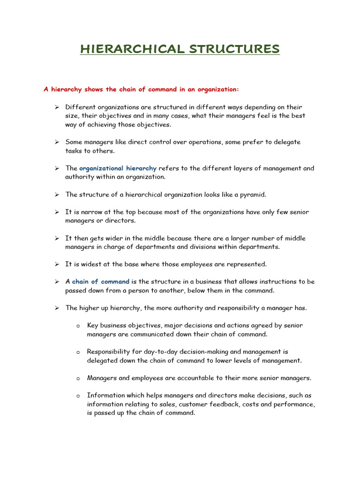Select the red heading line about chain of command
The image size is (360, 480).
tap(141, 89)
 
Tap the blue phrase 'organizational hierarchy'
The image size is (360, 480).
tap(118, 168)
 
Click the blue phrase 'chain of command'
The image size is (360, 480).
tap(101, 282)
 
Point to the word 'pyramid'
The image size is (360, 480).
tap(253, 195)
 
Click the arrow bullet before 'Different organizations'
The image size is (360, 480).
tap(56, 107)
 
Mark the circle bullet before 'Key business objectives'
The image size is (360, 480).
tap(78, 326)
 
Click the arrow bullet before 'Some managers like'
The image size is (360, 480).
tap(56, 142)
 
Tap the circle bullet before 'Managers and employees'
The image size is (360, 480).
tap(78, 378)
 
